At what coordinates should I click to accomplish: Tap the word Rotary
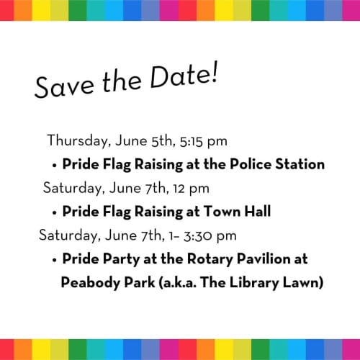click(211, 259)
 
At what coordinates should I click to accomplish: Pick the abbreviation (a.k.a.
click(183, 282)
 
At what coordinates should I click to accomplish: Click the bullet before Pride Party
click(55, 259)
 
